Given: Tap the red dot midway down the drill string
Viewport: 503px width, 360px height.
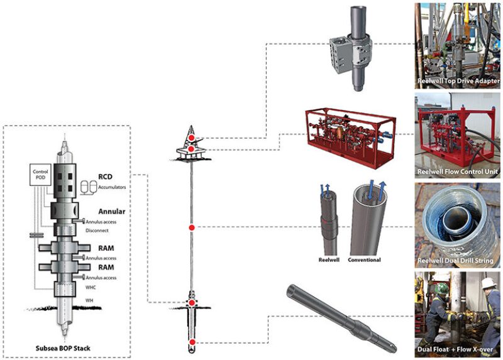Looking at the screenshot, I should point(192,226).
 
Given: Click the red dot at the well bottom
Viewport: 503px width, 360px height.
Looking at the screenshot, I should point(192,342).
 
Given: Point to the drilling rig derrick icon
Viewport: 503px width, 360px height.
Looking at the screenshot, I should point(191,141).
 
